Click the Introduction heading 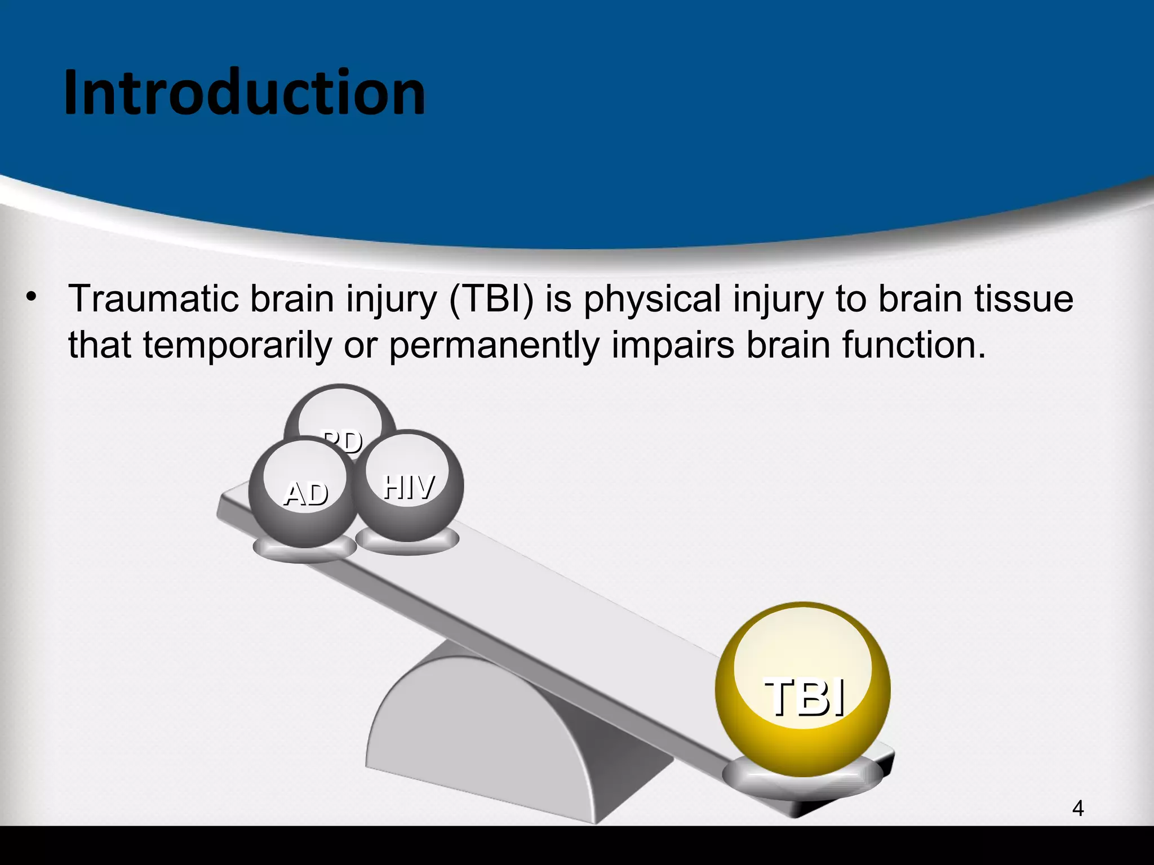click(x=244, y=93)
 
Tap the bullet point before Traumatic click(x=31, y=297)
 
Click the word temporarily click(x=237, y=345)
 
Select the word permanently click(x=494, y=345)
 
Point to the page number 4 click(x=1077, y=809)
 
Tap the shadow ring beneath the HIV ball click(x=407, y=543)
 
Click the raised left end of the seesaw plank click(x=231, y=507)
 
